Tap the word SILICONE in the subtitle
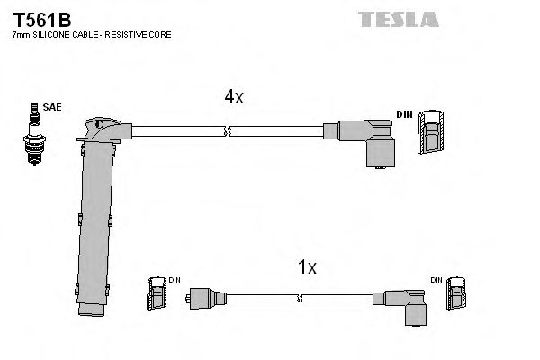click(x=52, y=34)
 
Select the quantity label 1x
click(x=307, y=267)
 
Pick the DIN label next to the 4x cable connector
click(x=405, y=115)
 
